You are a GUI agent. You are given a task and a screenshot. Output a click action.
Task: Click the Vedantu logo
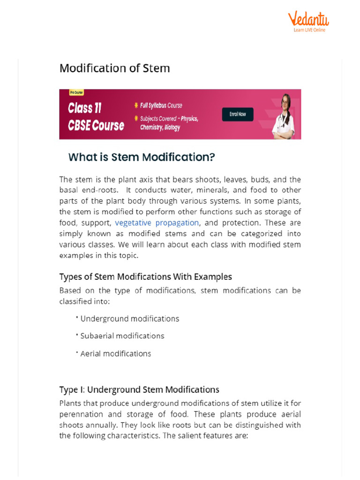click(x=308, y=20)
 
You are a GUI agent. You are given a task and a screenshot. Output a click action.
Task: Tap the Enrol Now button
click(x=237, y=114)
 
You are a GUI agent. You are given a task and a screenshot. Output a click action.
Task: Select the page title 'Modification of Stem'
click(x=114, y=68)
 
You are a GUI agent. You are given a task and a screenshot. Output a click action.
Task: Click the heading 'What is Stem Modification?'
click(x=142, y=157)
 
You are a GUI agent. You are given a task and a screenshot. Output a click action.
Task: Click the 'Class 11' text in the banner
click(x=84, y=108)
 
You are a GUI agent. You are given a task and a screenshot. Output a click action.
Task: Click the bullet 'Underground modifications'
click(x=130, y=319)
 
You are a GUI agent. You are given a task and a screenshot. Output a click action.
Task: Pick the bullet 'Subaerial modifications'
click(x=122, y=336)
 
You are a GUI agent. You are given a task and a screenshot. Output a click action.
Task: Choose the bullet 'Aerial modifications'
click(x=116, y=353)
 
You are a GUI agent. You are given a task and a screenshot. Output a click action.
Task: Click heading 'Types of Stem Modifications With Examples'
click(x=145, y=277)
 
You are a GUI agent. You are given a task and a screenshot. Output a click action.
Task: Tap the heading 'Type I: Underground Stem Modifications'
click(x=139, y=390)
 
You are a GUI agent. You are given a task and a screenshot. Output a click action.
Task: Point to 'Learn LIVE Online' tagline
click(x=309, y=30)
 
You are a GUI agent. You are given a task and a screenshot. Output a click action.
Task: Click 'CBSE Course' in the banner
click(x=96, y=126)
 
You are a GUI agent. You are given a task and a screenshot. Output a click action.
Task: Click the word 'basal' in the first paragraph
click(x=68, y=190)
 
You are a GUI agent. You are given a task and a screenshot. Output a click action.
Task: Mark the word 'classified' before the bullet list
click(x=76, y=301)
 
